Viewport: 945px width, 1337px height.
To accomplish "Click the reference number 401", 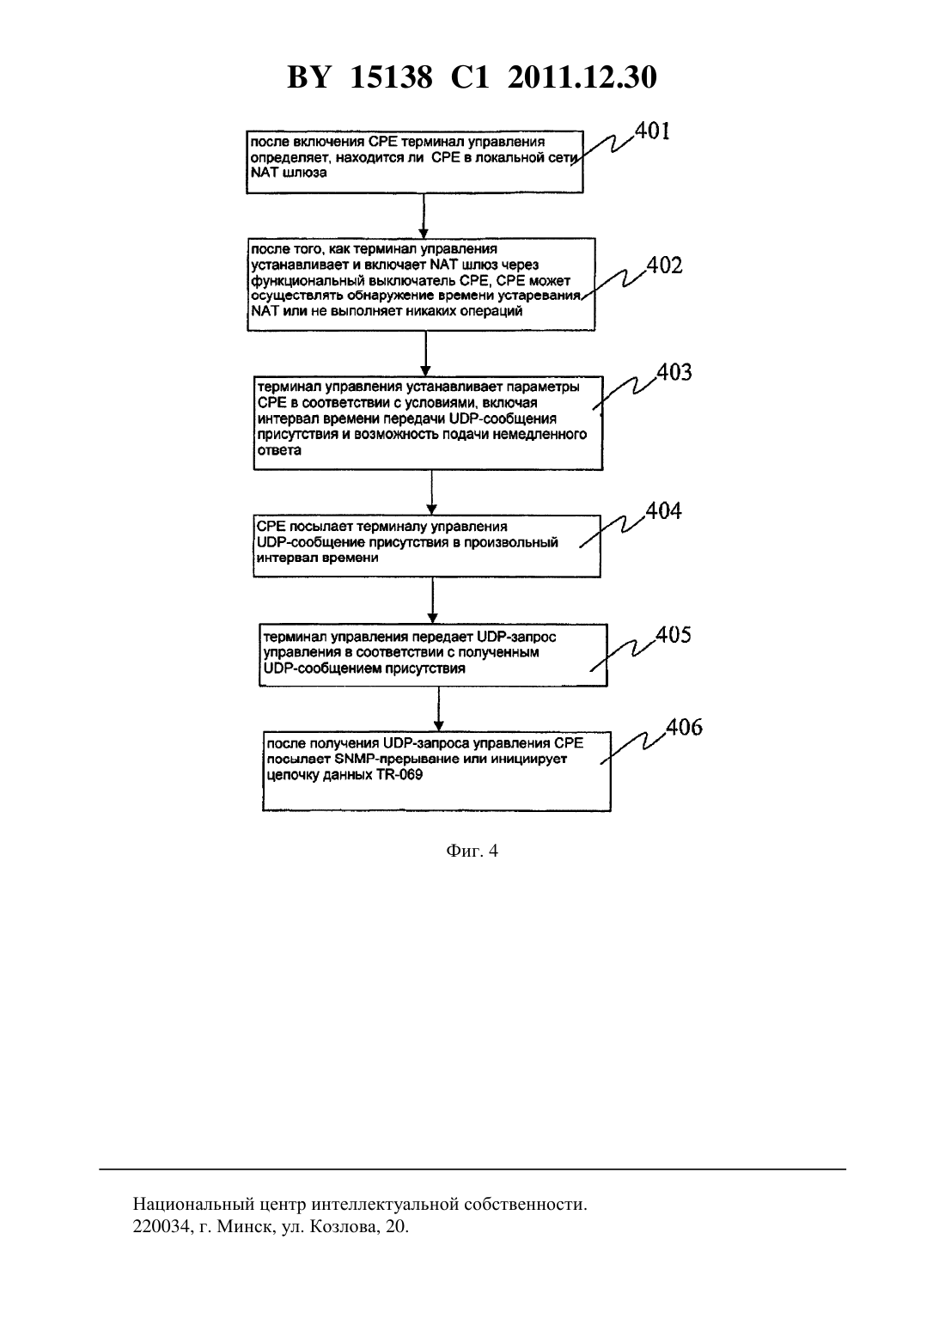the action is pos(652,131).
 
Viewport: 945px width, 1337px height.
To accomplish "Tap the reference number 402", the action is pos(665,265).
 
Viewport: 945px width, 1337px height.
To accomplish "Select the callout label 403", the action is pos(674,372).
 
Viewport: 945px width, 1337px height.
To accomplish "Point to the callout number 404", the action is pos(663,510).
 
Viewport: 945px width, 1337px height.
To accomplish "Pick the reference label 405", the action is pos(674,634).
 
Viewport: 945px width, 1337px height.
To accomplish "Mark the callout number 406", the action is pos(685,727).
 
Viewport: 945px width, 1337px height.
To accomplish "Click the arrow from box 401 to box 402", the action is pos(424,216).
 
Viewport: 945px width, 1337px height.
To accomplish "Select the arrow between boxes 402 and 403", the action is pos(425,353).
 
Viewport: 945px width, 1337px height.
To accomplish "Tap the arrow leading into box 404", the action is pos(431,492).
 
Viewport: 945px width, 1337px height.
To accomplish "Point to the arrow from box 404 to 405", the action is pos(432,601).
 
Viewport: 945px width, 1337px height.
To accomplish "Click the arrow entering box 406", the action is pos(438,709).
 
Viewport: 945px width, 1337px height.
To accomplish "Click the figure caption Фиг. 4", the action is pos(472,851).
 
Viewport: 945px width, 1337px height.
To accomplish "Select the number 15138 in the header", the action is pos(391,77).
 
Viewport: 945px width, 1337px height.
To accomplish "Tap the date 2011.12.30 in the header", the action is pos(582,77).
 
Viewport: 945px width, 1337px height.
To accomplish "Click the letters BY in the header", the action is pos(308,77).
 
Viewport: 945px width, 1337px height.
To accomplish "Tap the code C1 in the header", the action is pos(470,77).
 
